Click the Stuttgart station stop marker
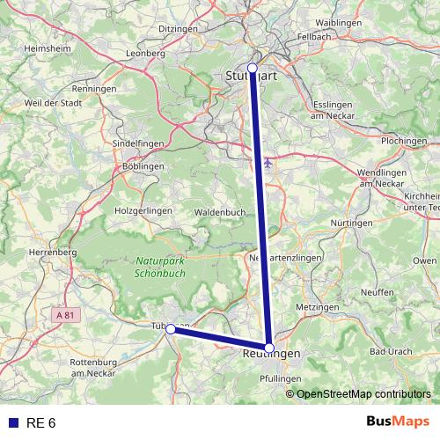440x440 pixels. (x=253, y=68)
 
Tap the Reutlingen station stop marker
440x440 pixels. (x=269, y=347)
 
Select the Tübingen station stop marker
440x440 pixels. (x=170, y=328)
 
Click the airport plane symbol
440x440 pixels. (x=268, y=161)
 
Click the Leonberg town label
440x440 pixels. (x=147, y=53)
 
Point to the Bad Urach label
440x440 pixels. (x=391, y=351)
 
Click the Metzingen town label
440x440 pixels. (x=318, y=306)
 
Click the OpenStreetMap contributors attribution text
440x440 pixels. (x=363, y=394)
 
